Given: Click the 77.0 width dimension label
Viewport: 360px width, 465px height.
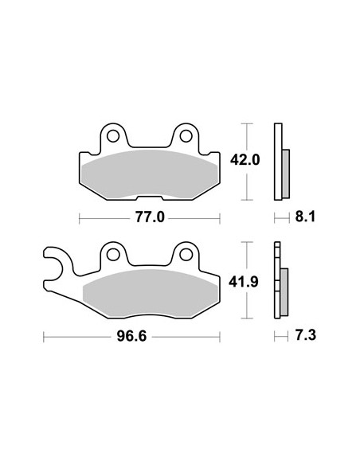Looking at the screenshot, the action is tap(150, 217).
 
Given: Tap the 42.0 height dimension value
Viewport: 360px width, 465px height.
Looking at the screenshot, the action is tap(245, 160).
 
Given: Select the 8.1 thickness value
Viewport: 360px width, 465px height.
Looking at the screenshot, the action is tap(305, 217).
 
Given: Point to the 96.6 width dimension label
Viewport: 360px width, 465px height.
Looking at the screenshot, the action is tap(131, 336).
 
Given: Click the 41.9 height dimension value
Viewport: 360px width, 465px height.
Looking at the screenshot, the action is tap(244, 282).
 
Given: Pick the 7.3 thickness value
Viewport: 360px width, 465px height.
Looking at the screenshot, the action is tap(306, 335).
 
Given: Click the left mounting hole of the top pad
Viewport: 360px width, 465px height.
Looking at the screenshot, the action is tap(113, 136).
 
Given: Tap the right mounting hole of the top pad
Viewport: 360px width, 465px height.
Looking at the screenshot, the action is tap(186, 136).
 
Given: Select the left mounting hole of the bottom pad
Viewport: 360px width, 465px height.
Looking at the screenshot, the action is tap(113, 255).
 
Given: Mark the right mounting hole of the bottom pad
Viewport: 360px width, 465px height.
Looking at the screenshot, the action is tap(186, 255).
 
